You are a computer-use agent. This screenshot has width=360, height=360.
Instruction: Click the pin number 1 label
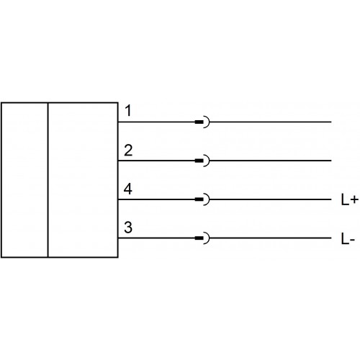(129, 111)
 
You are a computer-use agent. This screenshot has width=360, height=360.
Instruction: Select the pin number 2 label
(128, 150)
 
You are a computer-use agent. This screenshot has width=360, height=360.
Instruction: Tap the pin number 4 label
(128, 189)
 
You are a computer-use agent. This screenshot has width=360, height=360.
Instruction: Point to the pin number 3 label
(128, 228)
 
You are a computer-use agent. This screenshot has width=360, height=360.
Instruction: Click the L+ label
(350, 199)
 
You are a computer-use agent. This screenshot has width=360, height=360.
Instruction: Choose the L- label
(348, 239)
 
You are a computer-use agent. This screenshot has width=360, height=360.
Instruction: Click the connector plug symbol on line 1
(202, 122)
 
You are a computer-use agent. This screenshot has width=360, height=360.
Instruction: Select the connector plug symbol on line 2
(202, 161)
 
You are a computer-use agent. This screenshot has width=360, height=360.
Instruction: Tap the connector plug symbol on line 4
(202, 199)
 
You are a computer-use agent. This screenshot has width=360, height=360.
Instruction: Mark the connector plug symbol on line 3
(202, 238)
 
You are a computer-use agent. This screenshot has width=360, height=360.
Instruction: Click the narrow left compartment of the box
(24, 180)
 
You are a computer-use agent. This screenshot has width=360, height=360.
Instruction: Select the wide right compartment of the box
(83, 180)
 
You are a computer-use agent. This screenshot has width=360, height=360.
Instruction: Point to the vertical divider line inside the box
(48, 180)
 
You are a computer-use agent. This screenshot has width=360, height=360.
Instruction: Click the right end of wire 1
(331, 122)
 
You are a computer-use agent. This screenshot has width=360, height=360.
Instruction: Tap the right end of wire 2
(331, 161)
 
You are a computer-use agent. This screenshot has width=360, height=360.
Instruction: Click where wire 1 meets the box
(118, 122)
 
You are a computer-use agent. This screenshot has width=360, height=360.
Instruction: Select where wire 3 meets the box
(118, 238)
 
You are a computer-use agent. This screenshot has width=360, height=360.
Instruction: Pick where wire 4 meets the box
(118, 199)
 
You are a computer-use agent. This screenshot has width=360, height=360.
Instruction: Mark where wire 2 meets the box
(118, 161)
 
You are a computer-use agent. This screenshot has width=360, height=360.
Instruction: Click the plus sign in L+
(354, 199)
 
